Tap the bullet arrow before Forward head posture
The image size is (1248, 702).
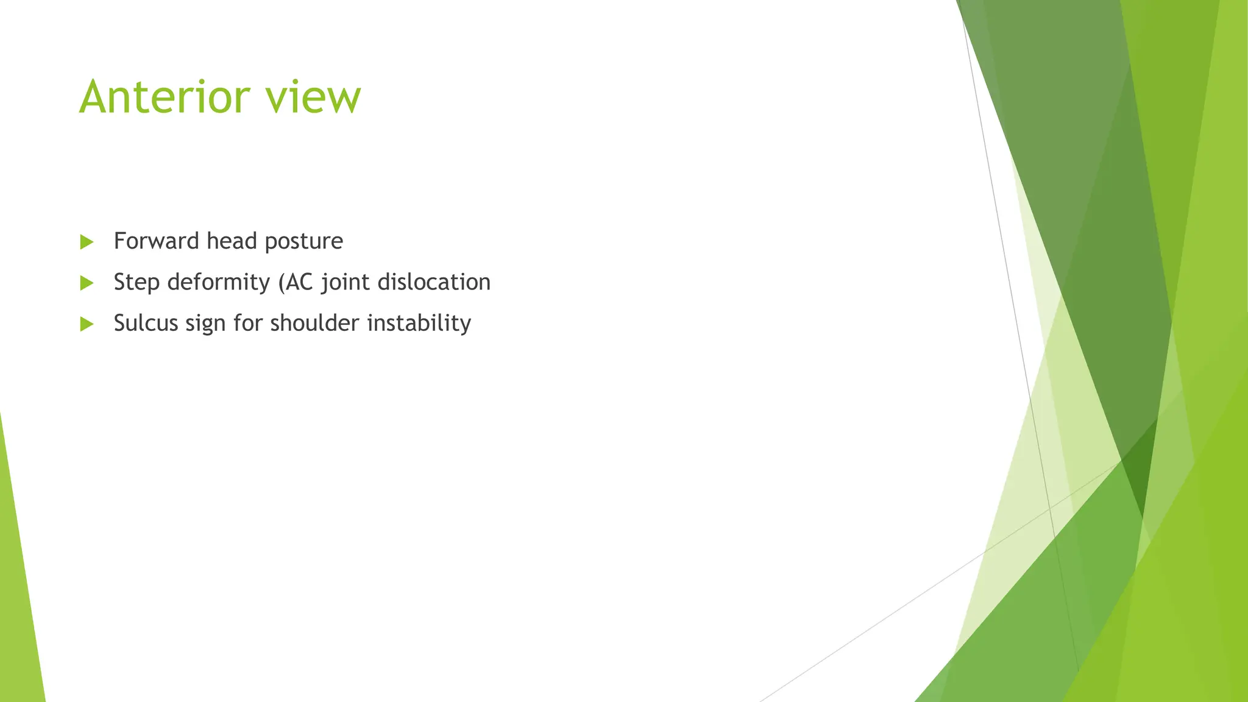coord(87,242)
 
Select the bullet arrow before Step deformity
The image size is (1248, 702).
coord(87,283)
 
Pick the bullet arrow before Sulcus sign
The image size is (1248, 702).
coord(87,324)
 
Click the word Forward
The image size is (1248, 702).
coord(157,241)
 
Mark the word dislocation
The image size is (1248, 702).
coord(434,282)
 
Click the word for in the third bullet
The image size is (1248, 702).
coord(247,323)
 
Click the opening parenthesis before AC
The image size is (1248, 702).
coord(281,283)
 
